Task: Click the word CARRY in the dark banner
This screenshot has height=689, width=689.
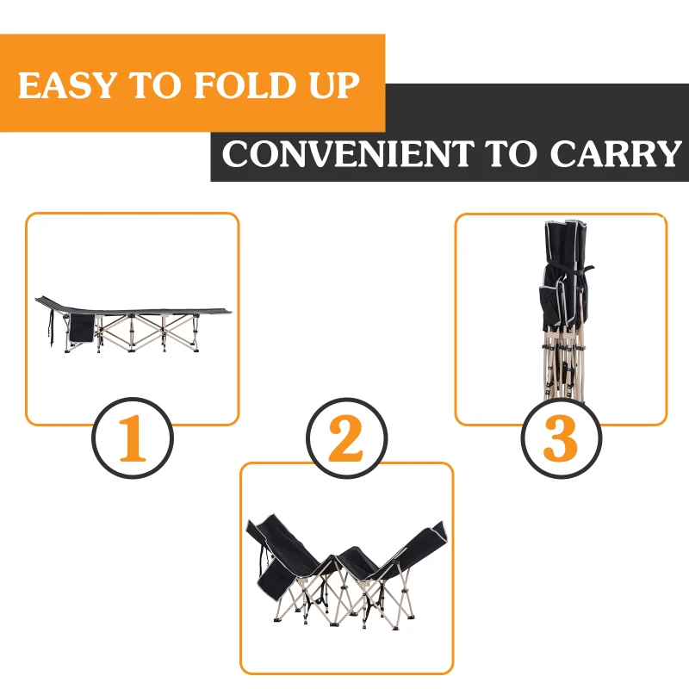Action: (x=615, y=154)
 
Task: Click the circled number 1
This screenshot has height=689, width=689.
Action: (x=133, y=438)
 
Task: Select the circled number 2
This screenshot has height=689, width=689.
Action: (x=346, y=438)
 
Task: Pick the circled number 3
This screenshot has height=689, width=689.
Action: (x=560, y=438)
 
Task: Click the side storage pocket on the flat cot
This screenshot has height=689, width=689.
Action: (x=81, y=327)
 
